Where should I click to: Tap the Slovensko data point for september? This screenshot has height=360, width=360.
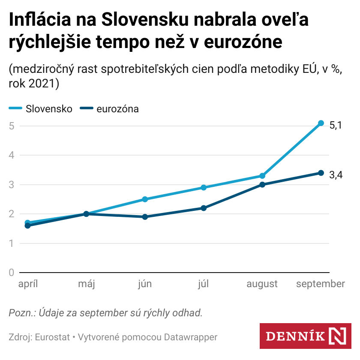tap(321, 123)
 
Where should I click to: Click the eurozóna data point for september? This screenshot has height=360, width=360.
tap(321, 173)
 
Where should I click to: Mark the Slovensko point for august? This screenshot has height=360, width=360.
tap(262, 176)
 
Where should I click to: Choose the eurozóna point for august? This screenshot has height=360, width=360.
tap(262, 185)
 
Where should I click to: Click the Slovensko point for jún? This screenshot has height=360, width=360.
tap(145, 199)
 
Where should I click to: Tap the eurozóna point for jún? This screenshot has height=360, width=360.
tap(145, 217)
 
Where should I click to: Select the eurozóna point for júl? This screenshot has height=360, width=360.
tap(204, 208)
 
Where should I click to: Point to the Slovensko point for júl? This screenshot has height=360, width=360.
tap(204, 188)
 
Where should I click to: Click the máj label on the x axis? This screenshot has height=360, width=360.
tap(86, 284)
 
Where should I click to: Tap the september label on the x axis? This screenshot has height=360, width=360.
tap(321, 284)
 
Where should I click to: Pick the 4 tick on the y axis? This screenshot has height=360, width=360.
tap(12, 155)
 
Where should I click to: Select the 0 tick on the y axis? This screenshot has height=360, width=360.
tap(12, 273)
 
